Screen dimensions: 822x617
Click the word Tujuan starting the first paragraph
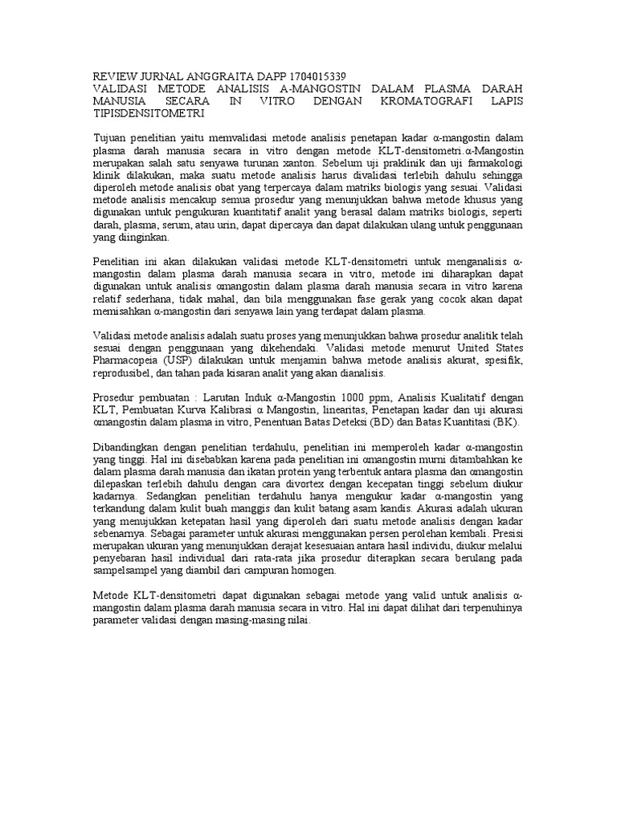[112, 139]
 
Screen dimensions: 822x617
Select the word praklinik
[410, 163]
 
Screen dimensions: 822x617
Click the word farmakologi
[492, 163]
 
